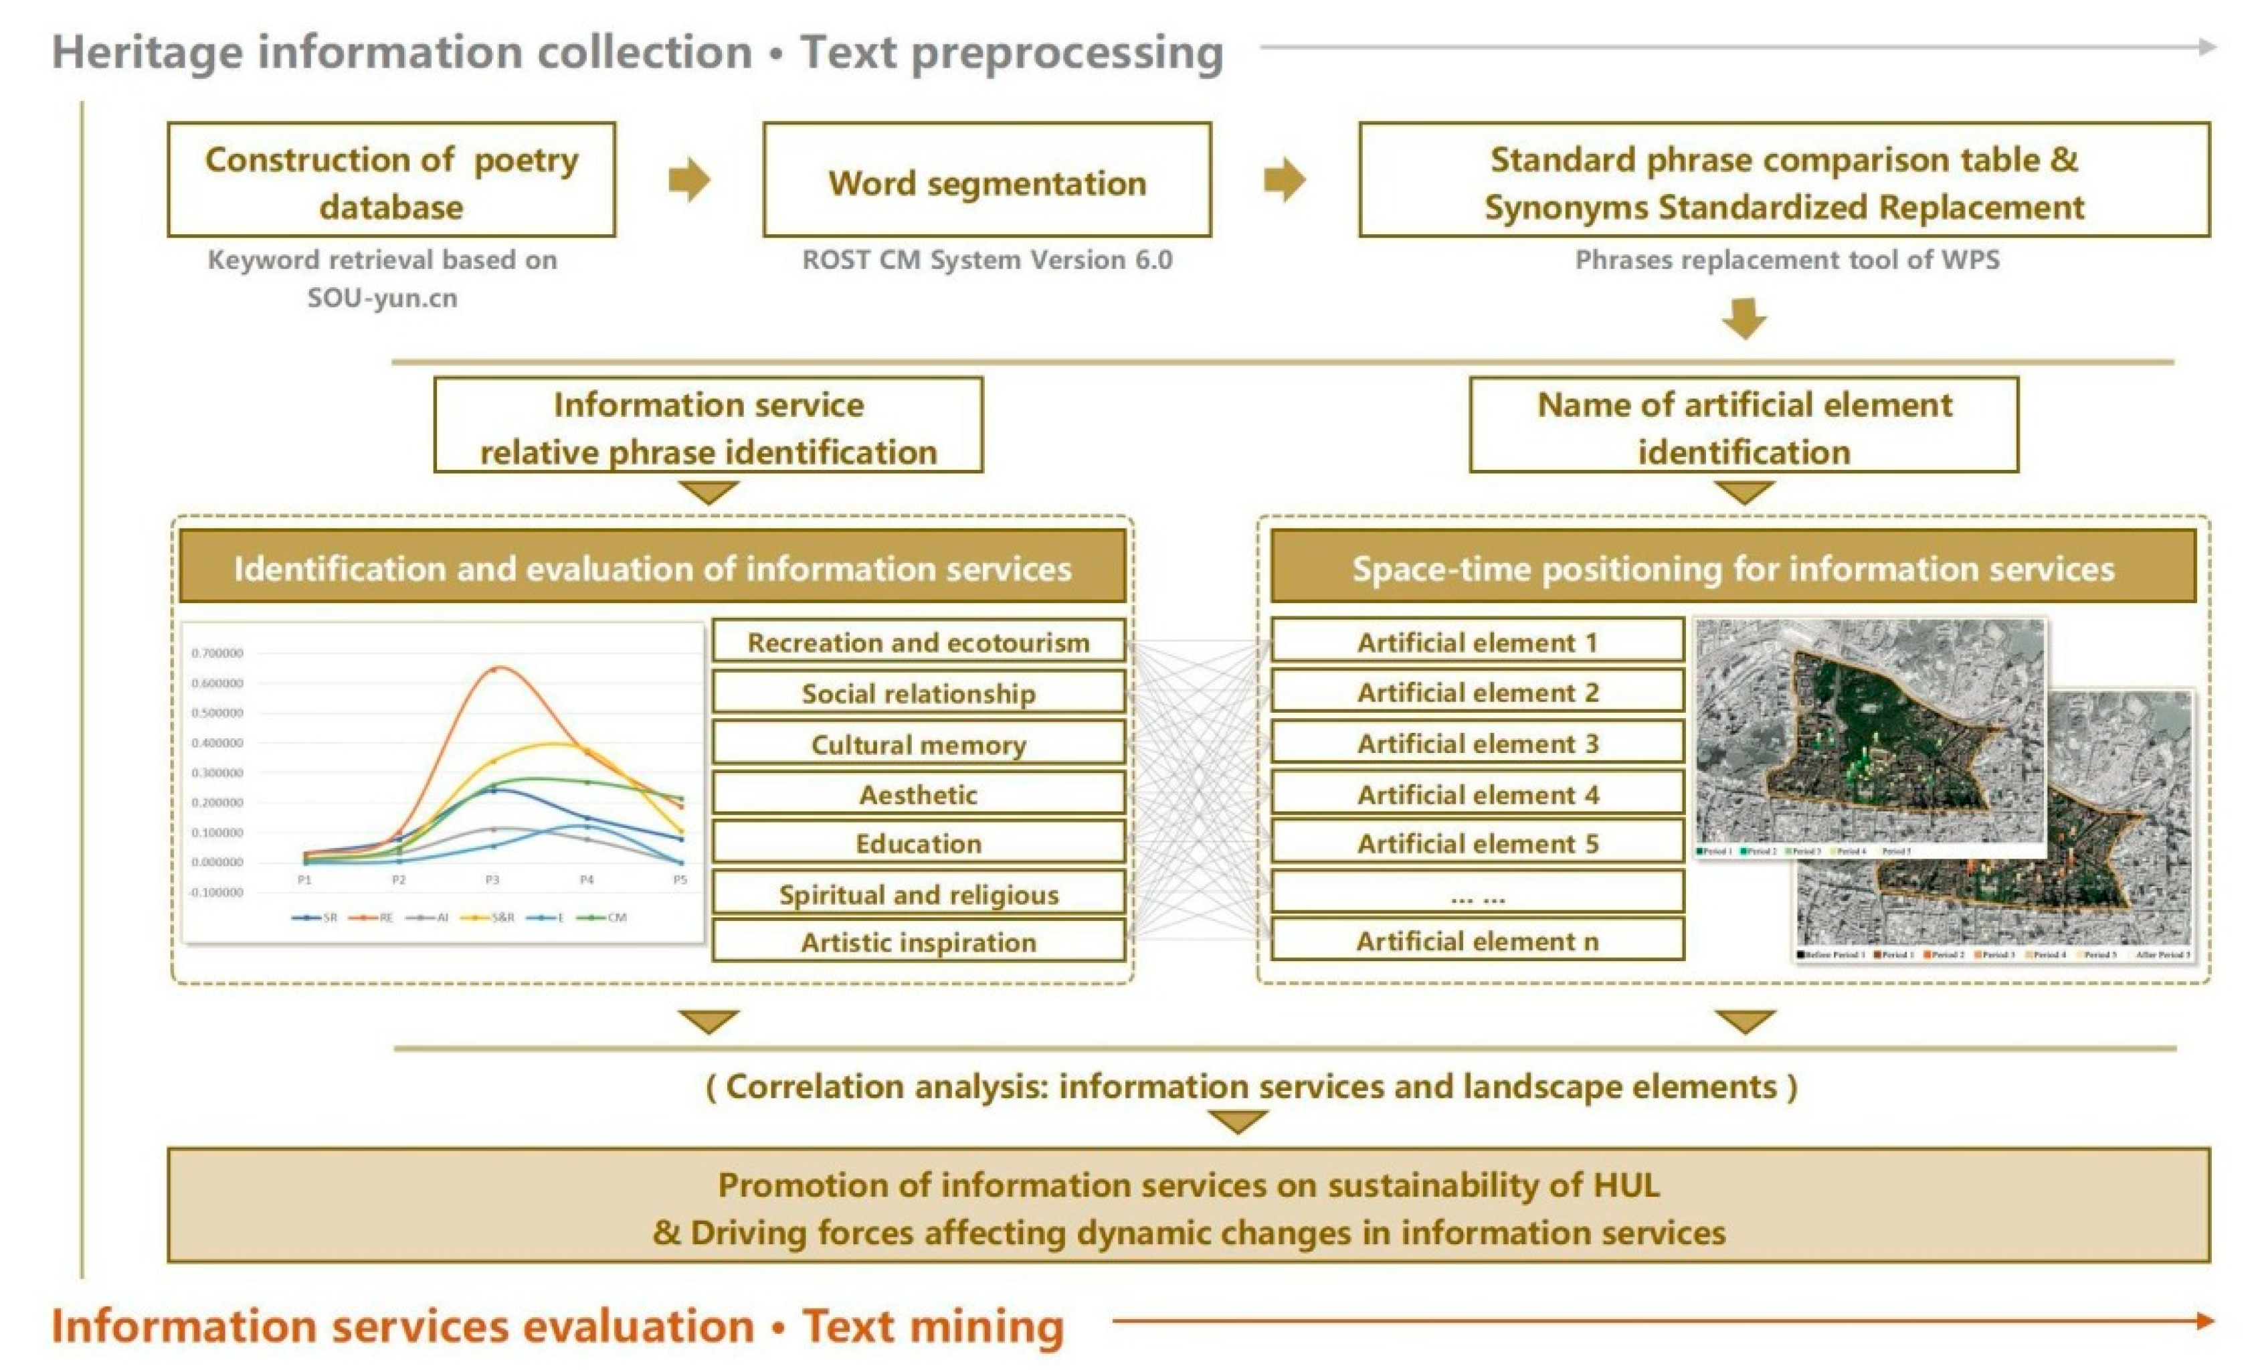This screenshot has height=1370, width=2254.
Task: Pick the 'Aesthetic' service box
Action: pyautogui.click(x=919, y=794)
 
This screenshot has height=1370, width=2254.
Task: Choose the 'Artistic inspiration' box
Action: pyautogui.click(x=919, y=941)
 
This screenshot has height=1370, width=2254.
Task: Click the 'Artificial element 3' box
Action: pyautogui.click(x=1477, y=742)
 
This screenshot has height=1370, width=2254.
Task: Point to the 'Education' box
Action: pyautogui.click(x=919, y=842)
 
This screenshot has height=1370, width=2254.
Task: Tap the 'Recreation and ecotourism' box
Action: pyautogui.click(x=919, y=642)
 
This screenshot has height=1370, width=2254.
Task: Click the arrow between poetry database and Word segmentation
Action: pyautogui.click(x=689, y=179)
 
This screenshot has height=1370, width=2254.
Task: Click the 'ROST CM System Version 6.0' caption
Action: pyautogui.click(x=987, y=260)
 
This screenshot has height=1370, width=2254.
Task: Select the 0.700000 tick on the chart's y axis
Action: pyautogui.click(x=217, y=653)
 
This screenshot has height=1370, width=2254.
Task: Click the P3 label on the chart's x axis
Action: pyautogui.click(x=492, y=879)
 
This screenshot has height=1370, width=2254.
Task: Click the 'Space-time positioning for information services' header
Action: pyautogui.click(x=1733, y=568)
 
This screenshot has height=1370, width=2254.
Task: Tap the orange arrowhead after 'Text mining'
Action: pyautogui.click(x=2204, y=1320)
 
